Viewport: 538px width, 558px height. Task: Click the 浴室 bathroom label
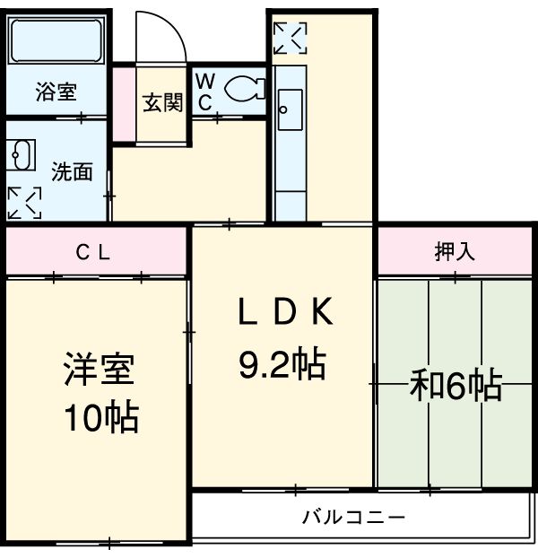pyautogui.click(x=56, y=91)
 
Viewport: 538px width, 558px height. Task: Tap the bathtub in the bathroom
pyautogui.click(x=56, y=41)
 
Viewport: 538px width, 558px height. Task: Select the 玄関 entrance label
pyautogui.click(x=162, y=101)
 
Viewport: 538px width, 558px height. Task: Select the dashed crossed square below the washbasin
pyautogui.click(x=24, y=203)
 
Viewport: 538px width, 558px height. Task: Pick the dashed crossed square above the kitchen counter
pyautogui.click(x=290, y=38)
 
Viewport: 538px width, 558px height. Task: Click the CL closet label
pyautogui.click(x=92, y=254)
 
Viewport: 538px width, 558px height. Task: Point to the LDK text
pyautogui.click(x=285, y=312)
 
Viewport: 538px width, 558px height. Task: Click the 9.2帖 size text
pyautogui.click(x=282, y=363)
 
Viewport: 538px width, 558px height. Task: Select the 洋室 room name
pyautogui.click(x=99, y=371)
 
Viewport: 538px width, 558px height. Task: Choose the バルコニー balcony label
pyautogui.click(x=353, y=518)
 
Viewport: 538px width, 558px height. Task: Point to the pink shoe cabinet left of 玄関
pyautogui.click(x=123, y=102)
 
